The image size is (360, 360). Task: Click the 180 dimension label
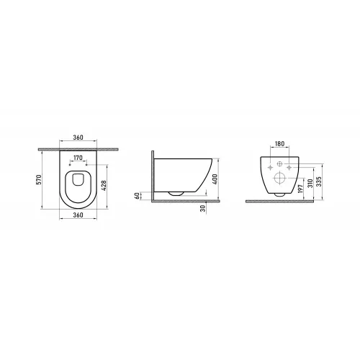pos(281,144)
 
